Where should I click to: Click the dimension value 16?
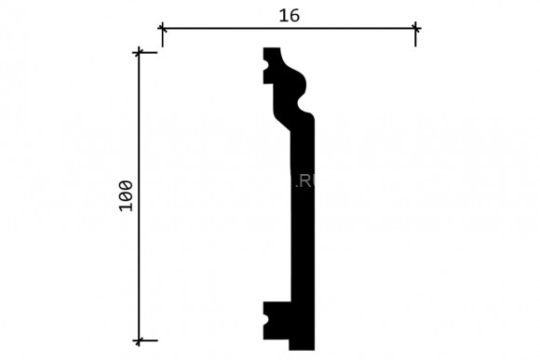pos(289,14)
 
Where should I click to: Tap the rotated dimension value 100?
pos(126,195)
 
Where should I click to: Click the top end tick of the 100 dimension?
pos(141,51)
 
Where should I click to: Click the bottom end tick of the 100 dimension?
pos(141,340)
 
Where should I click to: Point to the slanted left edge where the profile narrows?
pos(280,120)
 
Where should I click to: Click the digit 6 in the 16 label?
pos(293,14)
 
